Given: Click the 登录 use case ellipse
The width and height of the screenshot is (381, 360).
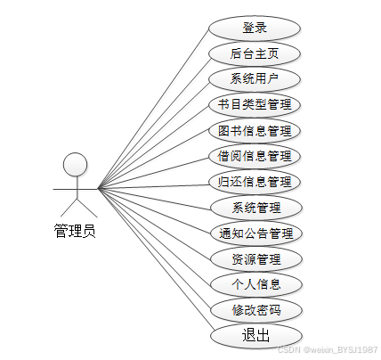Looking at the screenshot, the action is pyautogui.click(x=255, y=29).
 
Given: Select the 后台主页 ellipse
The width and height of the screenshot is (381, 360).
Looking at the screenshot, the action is pyautogui.click(x=255, y=54).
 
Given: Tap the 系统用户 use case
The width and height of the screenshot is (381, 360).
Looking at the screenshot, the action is pyautogui.click(x=255, y=79).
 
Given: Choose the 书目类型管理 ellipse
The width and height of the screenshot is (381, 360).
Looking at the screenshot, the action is pyautogui.click(x=255, y=105).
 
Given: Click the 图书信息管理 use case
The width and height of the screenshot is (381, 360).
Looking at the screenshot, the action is pyautogui.click(x=255, y=131).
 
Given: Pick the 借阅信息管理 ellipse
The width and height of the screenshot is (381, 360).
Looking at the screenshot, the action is pyautogui.click(x=255, y=157).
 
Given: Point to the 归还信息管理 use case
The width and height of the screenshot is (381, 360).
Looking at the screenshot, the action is pyautogui.click(x=255, y=182).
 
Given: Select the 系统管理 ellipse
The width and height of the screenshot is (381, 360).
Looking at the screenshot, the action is pyautogui.click(x=256, y=208).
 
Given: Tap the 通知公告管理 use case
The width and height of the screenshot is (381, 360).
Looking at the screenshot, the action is pyautogui.click(x=256, y=233).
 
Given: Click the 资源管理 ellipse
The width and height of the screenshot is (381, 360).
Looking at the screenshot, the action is pyautogui.click(x=256, y=259).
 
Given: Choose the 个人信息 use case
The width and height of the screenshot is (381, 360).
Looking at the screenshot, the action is pyautogui.click(x=256, y=284).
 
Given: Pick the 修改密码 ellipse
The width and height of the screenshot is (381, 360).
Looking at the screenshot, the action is pyautogui.click(x=256, y=310).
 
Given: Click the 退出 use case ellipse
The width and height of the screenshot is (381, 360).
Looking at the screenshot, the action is pyautogui.click(x=256, y=336).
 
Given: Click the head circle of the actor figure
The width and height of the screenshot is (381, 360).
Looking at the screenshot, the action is pyautogui.click(x=76, y=165).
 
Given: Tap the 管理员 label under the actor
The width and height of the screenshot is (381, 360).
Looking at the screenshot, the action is pyautogui.click(x=75, y=231).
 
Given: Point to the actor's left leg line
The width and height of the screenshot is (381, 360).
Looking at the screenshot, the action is pyautogui.click(x=69, y=208).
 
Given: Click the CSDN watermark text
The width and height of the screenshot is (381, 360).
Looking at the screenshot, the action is pyautogui.click(x=328, y=349).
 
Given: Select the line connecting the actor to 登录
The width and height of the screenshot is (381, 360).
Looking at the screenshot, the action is pyautogui.click(x=153, y=109).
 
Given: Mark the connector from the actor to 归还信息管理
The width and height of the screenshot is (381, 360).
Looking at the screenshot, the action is pyautogui.click(x=154, y=187).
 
